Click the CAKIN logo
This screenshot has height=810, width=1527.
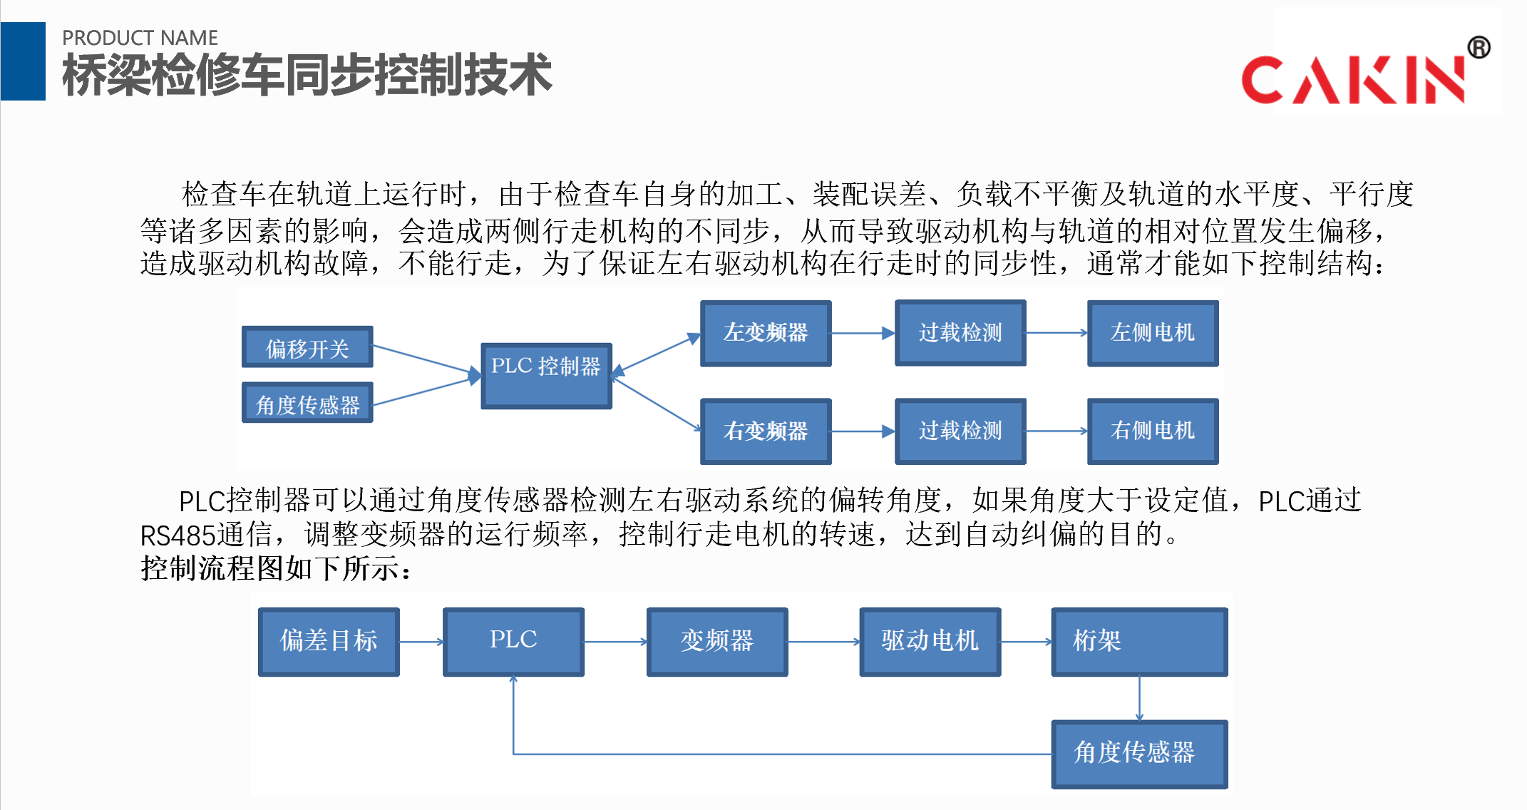(x=1354, y=78)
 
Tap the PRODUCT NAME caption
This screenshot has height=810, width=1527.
(x=140, y=38)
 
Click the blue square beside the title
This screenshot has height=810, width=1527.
(x=23, y=61)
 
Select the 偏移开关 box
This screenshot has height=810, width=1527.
(x=307, y=347)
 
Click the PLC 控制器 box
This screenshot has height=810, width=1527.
(x=546, y=376)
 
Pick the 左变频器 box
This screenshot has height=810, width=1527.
(x=766, y=333)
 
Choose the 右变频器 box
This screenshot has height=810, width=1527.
(x=766, y=431)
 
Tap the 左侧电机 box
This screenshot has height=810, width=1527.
(x=1153, y=333)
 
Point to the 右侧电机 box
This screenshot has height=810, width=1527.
(x=1153, y=431)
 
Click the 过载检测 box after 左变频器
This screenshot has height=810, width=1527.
(x=960, y=333)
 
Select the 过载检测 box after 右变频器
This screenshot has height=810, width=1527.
(x=960, y=431)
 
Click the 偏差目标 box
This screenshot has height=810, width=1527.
(x=329, y=642)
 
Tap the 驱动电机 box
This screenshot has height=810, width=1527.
(x=930, y=642)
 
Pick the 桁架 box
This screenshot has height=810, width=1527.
(x=1139, y=642)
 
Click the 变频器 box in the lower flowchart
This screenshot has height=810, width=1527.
(x=717, y=642)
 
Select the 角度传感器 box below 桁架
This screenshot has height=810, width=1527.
(x=1139, y=754)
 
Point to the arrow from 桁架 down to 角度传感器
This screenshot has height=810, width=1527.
(x=1139, y=699)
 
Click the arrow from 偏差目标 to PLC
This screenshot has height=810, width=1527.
(x=421, y=642)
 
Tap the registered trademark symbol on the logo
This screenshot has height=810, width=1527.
(x=1479, y=48)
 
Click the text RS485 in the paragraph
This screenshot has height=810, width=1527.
(x=178, y=535)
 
